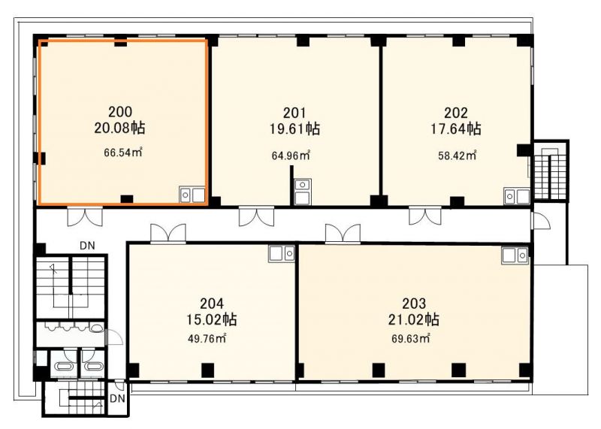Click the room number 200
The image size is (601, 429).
[x=120, y=112]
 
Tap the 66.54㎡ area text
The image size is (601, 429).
[x=123, y=153]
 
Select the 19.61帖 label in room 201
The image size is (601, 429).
[x=294, y=128]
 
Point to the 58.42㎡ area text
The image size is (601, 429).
[x=458, y=156]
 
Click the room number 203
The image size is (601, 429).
[x=414, y=304]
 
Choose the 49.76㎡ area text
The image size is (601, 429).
[x=207, y=339]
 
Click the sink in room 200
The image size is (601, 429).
[x=192, y=195]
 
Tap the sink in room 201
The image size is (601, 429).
[x=303, y=192]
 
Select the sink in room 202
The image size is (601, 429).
[x=517, y=196]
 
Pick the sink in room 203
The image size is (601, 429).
[x=515, y=255]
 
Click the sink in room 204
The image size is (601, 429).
[x=282, y=254]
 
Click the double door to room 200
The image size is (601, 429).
[x=85, y=217]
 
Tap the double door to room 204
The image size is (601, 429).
[x=168, y=233]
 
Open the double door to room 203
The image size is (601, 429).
[x=343, y=233]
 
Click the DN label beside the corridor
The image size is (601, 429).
[x=87, y=246]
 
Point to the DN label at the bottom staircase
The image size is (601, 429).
[x=117, y=399]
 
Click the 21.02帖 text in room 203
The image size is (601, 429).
[x=414, y=319]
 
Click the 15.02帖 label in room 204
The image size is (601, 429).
[x=212, y=319]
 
